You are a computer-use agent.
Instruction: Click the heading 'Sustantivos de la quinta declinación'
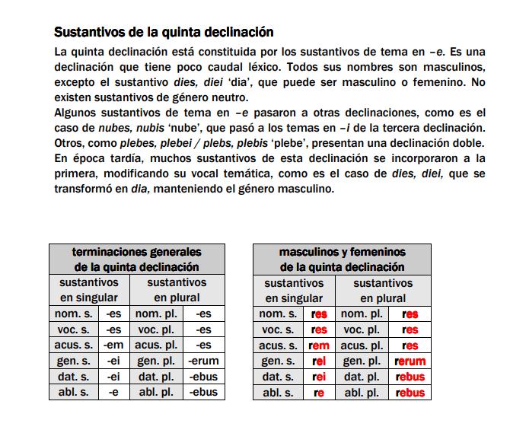click(x=164, y=33)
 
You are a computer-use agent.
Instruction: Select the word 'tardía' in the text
click(x=116, y=159)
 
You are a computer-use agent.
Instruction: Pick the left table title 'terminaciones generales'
click(x=137, y=252)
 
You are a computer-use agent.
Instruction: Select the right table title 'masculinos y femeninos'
click(x=342, y=252)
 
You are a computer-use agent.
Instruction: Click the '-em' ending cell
click(x=113, y=345)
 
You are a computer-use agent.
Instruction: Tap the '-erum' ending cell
click(x=203, y=361)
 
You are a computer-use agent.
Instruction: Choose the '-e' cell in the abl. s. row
click(x=113, y=393)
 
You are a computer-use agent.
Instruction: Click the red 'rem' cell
click(x=319, y=345)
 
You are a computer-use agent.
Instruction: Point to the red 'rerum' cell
click(x=410, y=361)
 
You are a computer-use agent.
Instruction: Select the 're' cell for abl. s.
click(x=319, y=393)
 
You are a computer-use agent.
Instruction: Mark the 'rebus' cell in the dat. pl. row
click(x=410, y=377)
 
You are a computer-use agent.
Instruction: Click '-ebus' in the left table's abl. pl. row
click(x=203, y=393)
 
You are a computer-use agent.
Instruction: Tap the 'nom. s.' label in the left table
click(x=74, y=314)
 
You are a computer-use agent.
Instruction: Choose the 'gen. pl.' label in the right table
click(x=361, y=361)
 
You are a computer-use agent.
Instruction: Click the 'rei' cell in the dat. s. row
click(x=319, y=377)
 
